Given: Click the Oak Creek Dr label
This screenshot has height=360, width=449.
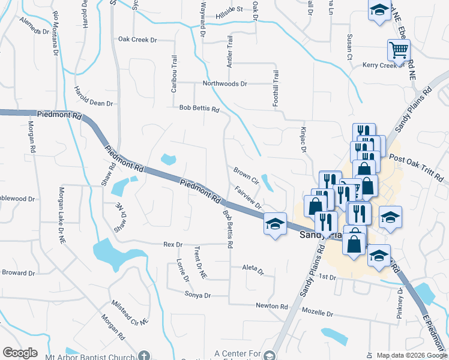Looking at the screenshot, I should click(x=137, y=40).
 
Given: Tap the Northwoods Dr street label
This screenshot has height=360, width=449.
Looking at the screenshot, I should click(x=224, y=84).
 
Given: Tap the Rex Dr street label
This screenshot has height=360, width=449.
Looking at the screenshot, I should click(x=172, y=244).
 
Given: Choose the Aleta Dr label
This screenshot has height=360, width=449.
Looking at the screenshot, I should click(x=253, y=269).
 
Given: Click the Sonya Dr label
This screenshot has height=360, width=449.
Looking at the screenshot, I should click(x=198, y=295).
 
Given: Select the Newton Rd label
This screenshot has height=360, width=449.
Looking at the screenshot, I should click(x=271, y=306).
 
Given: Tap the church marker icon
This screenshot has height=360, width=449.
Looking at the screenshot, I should click(x=143, y=355).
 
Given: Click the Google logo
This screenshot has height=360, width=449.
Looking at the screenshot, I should click(x=20, y=353).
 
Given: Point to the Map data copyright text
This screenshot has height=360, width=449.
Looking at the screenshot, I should click(x=411, y=355).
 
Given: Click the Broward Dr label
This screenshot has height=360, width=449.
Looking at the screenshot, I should click(x=18, y=272).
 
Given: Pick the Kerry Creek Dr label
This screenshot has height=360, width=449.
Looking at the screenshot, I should click(x=380, y=65).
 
